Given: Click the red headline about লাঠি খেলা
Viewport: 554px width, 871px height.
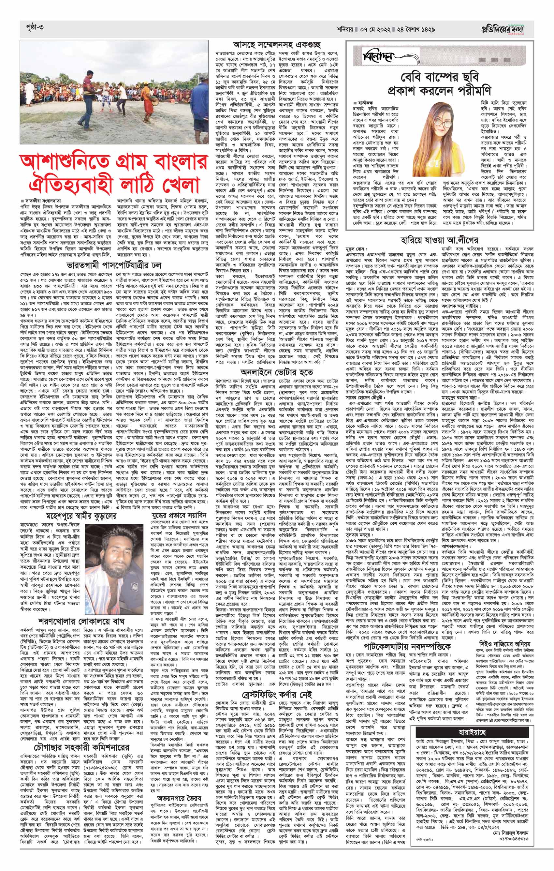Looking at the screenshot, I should (113, 179).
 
